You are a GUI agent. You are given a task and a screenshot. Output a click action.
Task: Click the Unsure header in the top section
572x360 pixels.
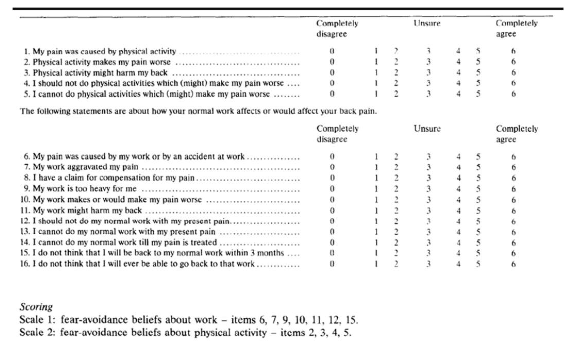click(427, 20)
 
